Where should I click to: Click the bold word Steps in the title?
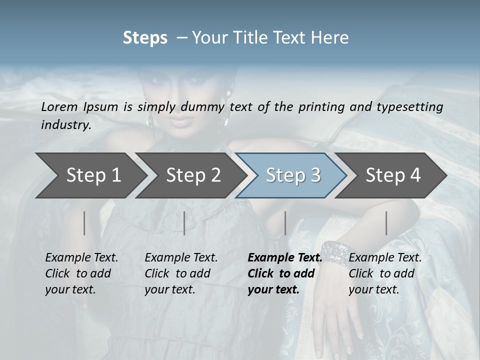click(x=145, y=37)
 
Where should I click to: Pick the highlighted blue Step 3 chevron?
click(x=293, y=175)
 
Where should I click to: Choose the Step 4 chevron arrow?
click(x=393, y=175)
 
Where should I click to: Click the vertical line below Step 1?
click(x=84, y=223)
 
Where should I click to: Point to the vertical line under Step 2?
click(x=184, y=223)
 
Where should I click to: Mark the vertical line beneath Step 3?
click(x=285, y=223)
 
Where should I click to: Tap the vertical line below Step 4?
click(x=386, y=223)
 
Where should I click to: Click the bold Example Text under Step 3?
click(x=285, y=258)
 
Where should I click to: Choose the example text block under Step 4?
click(x=385, y=273)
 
